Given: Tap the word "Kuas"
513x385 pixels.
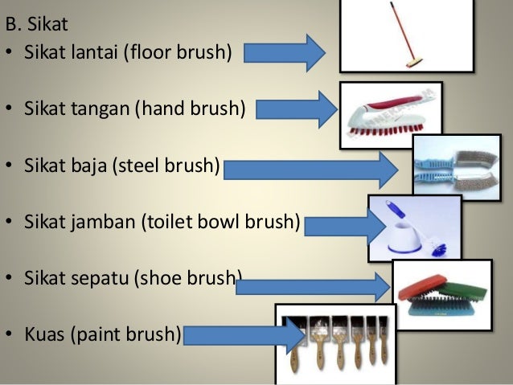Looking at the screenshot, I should [x=44, y=333].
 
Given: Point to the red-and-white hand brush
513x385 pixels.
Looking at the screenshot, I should [x=386, y=116].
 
